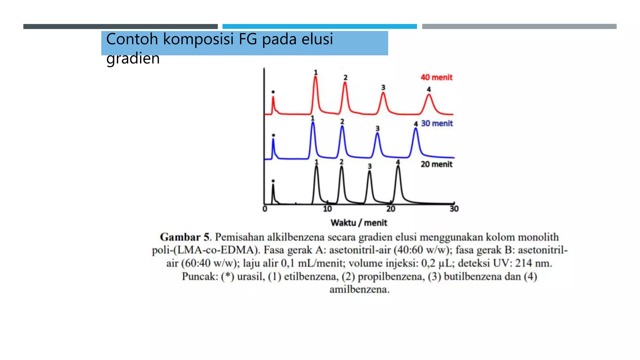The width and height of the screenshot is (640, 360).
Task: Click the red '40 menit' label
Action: [x=436, y=77]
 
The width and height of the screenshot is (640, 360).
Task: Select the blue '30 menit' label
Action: [x=437, y=123]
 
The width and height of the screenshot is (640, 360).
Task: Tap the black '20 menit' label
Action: [x=436, y=164]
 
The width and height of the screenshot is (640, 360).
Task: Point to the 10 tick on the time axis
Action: [x=327, y=209]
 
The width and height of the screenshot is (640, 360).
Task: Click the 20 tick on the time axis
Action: [x=391, y=209]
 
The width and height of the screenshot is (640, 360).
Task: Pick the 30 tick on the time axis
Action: [x=454, y=209]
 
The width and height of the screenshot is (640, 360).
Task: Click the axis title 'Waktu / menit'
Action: [x=359, y=223]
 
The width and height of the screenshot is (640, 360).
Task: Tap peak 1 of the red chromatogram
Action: [x=316, y=78]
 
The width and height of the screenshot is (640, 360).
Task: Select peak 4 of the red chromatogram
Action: [x=429, y=96]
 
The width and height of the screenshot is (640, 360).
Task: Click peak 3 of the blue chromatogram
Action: [x=377, y=134]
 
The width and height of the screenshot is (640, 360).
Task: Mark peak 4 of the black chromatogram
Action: [x=398, y=167]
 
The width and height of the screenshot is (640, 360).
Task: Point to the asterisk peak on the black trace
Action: [x=273, y=186]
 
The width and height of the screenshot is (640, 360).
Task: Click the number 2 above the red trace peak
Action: [x=345, y=77]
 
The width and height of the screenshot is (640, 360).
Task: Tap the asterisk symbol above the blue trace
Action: [x=273, y=135]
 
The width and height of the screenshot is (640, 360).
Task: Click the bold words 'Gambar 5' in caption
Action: [x=184, y=237]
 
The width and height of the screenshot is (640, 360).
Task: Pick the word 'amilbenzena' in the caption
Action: [x=359, y=289]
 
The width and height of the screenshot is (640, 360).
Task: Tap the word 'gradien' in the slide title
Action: [x=133, y=58]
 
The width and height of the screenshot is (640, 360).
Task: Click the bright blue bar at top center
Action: [x=319, y=27]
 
